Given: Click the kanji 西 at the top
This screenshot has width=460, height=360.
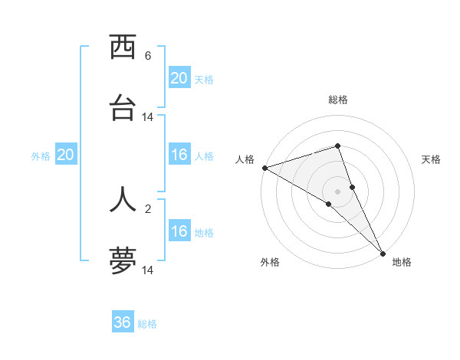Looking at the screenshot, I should [x=123, y=48].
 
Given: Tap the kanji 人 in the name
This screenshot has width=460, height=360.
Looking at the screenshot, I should [x=123, y=198].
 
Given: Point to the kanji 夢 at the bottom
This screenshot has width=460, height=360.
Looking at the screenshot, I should [x=123, y=260].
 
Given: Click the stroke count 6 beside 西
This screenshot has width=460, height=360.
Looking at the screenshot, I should [x=148, y=56].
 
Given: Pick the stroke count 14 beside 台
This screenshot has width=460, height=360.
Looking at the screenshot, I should [x=148, y=117].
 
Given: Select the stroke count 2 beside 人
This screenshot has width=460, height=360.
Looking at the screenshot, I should [x=148, y=208].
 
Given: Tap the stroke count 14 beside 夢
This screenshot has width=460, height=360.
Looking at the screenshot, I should [x=148, y=270].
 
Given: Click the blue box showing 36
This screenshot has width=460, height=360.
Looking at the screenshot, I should [x=123, y=322].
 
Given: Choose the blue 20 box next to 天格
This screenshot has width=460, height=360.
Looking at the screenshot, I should [x=179, y=78].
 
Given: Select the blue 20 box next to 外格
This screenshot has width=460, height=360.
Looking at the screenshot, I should [x=66, y=155].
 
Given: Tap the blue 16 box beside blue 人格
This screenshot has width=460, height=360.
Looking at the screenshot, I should [x=179, y=155].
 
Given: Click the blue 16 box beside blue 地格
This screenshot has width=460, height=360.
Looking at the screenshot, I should [x=179, y=231].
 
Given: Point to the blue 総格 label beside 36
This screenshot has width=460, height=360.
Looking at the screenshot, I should [x=147, y=324].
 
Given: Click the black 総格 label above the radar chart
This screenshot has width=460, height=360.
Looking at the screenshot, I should [x=338, y=100].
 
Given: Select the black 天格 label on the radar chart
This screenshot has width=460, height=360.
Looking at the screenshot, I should [x=432, y=159].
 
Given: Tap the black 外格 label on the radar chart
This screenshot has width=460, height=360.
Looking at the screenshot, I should [x=270, y=262].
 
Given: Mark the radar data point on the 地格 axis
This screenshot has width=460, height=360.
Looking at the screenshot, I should [x=383, y=252].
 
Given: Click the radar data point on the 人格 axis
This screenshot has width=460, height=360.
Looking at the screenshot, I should [x=264, y=168].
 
